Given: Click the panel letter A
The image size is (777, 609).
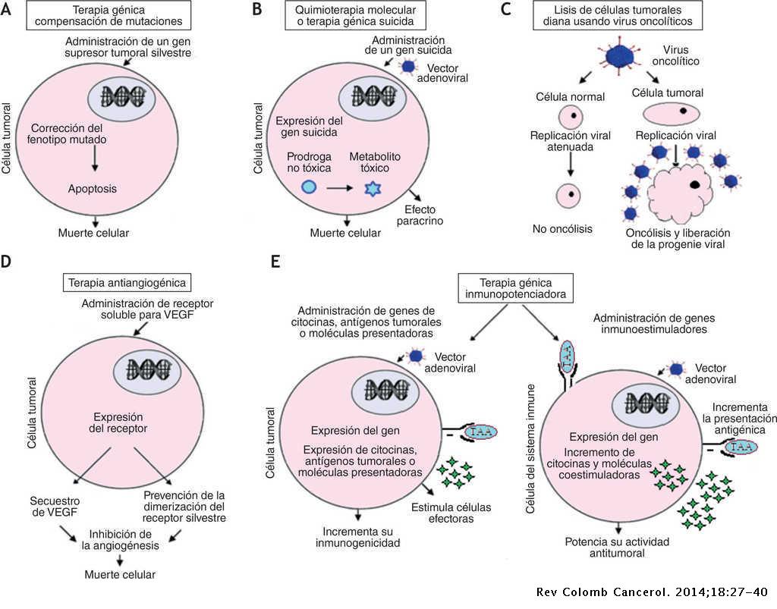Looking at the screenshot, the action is [x=5, y=9].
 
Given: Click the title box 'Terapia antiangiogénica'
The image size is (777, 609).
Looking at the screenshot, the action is [x=127, y=283].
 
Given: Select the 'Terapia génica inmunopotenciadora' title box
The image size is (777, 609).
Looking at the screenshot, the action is [x=515, y=288].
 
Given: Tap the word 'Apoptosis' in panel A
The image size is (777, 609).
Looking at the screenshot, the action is [x=93, y=189].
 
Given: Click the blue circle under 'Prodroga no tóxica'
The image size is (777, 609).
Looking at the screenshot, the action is [x=309, y=187].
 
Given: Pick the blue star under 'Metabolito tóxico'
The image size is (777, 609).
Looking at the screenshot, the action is [x=373, y=189].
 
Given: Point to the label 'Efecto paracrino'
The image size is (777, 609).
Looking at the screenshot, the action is [x=420, y=215].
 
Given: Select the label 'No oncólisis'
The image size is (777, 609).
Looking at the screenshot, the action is [x=562, y=229].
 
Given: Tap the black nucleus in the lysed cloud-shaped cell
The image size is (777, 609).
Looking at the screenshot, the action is [x=695, y=185].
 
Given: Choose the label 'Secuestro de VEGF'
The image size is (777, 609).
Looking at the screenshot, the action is [x=55, y=507].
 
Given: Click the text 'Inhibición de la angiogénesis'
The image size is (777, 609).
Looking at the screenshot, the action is [x=121, y=540].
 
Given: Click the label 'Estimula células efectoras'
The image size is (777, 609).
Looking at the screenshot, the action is [x=451, y=513].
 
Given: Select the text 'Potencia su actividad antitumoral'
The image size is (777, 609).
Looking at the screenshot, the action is [x=617, y=547].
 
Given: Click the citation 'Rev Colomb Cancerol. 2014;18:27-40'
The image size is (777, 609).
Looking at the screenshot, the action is [x=653, y=592].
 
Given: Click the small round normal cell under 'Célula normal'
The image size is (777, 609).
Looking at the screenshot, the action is [x=571, y=118].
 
